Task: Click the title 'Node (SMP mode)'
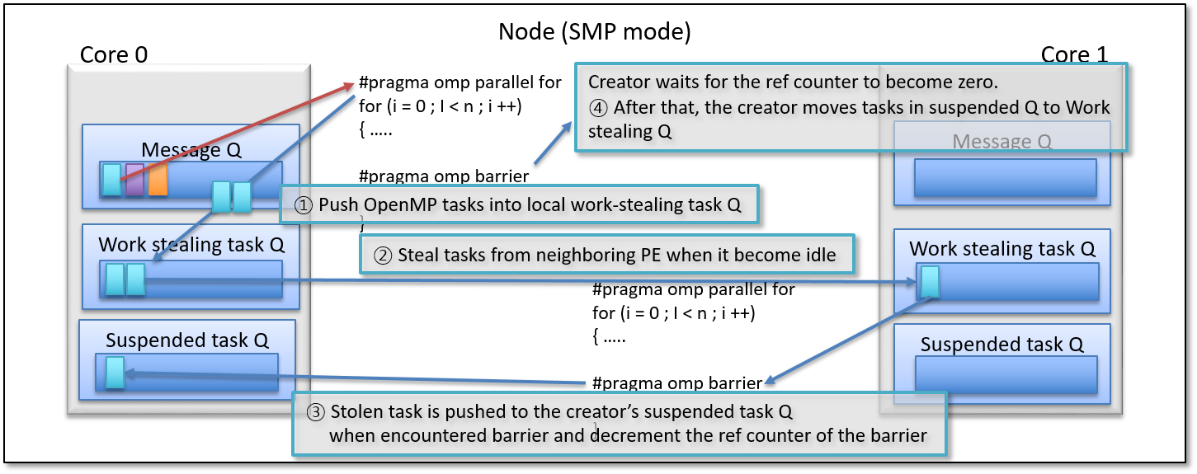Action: [594, 32]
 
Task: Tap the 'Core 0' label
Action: [114, 54]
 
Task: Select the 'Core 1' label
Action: [1074, 54]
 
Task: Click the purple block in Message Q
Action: [135, 180]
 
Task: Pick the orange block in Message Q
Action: [158, 180]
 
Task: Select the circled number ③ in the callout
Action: [315, 411]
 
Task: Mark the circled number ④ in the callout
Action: [598, 107]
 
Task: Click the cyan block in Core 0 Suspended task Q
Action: [115, 373]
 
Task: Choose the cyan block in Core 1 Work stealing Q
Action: [930, 282]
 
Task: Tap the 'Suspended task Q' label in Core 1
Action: [1003, 345]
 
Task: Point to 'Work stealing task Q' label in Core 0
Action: [192, 244]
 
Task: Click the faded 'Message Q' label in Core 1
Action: [1001, 142]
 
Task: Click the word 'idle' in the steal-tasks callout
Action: [818, 255]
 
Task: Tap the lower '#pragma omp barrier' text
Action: [676, 383]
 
